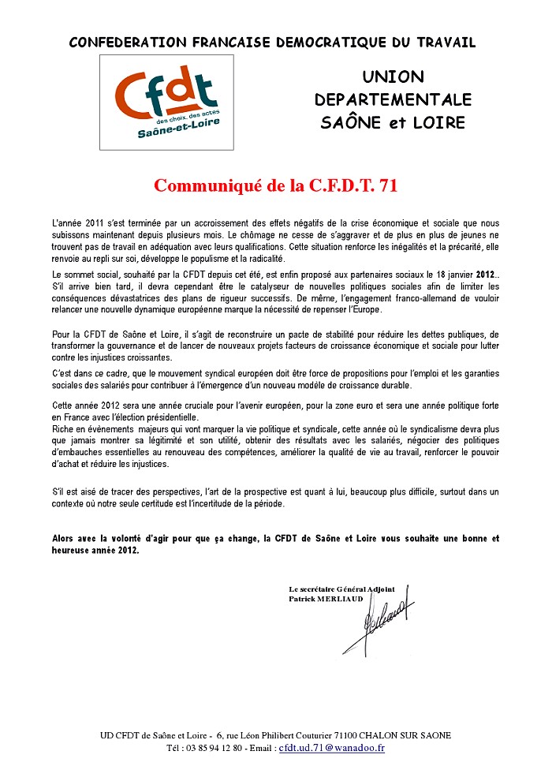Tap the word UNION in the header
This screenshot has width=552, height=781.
pyautogui.click(x=393, y=77)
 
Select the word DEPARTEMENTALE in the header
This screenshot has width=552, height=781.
pyautogui.click(x=393, y=100)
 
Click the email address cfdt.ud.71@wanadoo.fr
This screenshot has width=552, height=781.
pyautogui.click(x=332, y=748)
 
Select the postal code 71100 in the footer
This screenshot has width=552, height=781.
pyautogui.click(x=333, y=735)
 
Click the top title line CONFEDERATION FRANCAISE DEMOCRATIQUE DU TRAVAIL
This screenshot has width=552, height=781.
pyautogui.click(x=273, y=42)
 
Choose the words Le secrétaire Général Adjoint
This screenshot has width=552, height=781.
pyautogui.click(x=341, y=589)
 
